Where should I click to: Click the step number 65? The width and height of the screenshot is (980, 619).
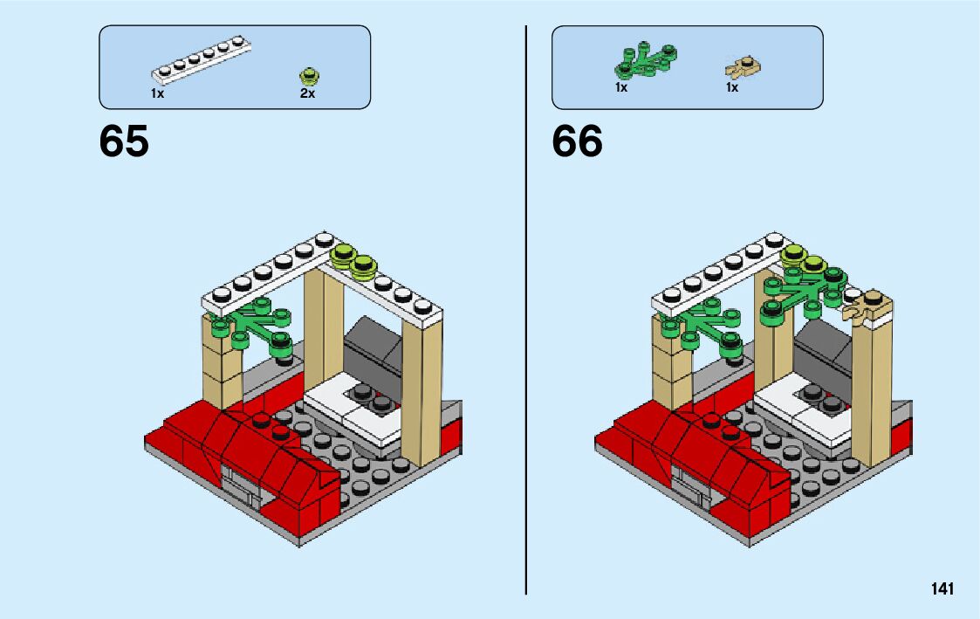pyautogui.click(x=124, y=141)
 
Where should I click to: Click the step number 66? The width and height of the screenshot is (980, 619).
pyautogui.click(x=577, y=141)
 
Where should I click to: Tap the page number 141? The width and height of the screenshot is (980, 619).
pyautogui.click(x=942, y=589)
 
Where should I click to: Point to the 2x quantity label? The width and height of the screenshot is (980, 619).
pyautogui.click(x=307, y=93)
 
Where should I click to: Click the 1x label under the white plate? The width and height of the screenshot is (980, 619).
pyautogui.click(x=157, y=93)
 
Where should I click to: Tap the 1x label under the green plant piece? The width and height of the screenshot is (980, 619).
pyautogui.click(x=621, y=88)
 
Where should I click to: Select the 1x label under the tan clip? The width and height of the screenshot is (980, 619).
pyautogui.click(x=732, y=88)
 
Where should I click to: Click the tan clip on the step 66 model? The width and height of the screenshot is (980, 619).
pyautogui.click(x=867, y=307)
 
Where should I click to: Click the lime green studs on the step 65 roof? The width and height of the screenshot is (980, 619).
pyautogui.click(x=353, y=259)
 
